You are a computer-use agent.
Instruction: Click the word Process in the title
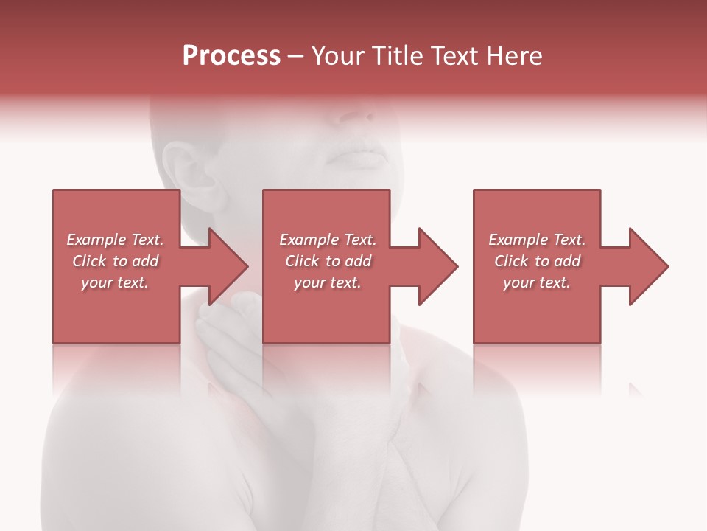pyautogui.click(x=231, y=56)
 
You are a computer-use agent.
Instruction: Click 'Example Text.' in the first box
pyautogui.click(x=115, y=240)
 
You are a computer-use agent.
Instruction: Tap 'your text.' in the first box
pyautogui.click(x=115, y=282)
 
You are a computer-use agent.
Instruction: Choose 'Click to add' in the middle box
pyautogui.click(x=328, y=261)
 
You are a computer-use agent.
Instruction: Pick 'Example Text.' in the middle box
pyautogui.click(x=328, y=240)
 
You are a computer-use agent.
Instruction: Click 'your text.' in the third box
pyautogui.click(x=537, y=282)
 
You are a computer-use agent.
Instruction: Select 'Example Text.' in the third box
pyautogui.click(x=537, y=240)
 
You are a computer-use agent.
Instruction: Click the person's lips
pyautogui.click(x=361, y=156)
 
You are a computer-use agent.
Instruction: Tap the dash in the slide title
pyautogui.click(x=295, y=57)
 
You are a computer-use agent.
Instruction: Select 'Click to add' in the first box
pyautogui.click(x=115, y=261)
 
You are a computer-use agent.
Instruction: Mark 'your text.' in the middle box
pyautogui.click(x=328, y=282)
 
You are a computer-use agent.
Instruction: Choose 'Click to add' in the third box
pyautogui.click(x=537, y=261)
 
